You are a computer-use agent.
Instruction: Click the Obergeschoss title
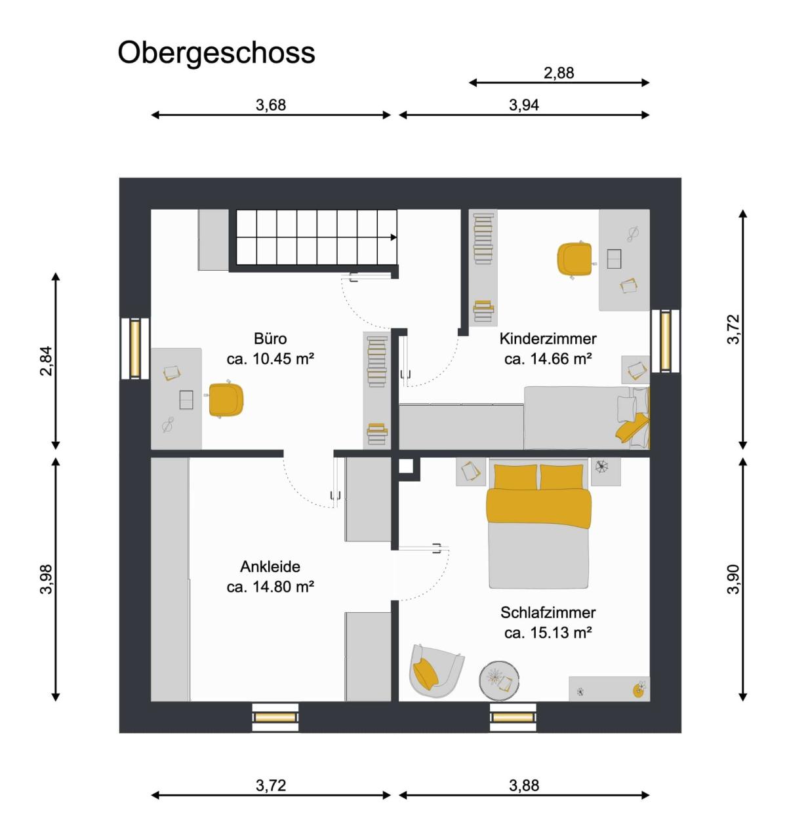point(216,54)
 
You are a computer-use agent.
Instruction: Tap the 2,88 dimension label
point(559,73)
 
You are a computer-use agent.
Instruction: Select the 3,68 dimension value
point(271,105)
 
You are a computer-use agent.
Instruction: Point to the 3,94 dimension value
point(523,105)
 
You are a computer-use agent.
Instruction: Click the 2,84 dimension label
point(46,361)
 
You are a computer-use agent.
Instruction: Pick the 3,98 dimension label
point(46,579)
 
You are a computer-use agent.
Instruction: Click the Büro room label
point(270,338)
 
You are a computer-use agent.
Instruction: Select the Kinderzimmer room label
point(548,338)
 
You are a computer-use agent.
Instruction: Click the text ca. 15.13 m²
point(548,633)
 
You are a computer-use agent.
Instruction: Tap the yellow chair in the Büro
point(225,400)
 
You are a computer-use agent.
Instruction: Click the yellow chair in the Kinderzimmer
point(575,260)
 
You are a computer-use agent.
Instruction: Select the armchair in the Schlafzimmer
point(435,671)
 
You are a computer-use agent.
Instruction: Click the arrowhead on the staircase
point(393,237)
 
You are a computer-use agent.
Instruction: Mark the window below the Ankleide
point(275,717)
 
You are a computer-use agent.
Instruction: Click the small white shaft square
point(405,467)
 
